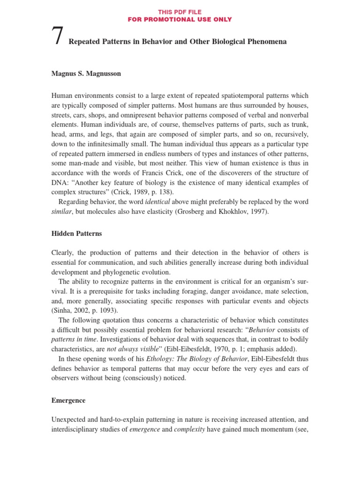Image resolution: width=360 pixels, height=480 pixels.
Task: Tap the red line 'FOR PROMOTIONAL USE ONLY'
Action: click(180, 19)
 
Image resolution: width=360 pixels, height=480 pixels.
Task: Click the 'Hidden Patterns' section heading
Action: click(76, 233)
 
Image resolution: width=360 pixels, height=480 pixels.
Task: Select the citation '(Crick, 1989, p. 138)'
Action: click(146, 192)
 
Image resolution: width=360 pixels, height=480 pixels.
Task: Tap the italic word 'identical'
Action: click(158, 202)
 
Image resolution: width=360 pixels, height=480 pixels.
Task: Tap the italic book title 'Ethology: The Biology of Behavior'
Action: click(187, 359)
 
